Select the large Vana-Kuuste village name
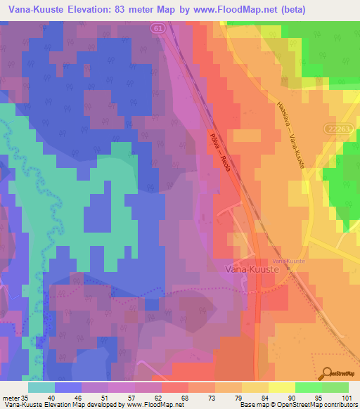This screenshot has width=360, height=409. coord(254,268)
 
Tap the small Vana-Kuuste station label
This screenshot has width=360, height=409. coord(290,261)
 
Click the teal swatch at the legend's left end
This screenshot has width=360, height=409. coord(41,387)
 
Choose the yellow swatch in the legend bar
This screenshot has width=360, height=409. coord(281,387)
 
